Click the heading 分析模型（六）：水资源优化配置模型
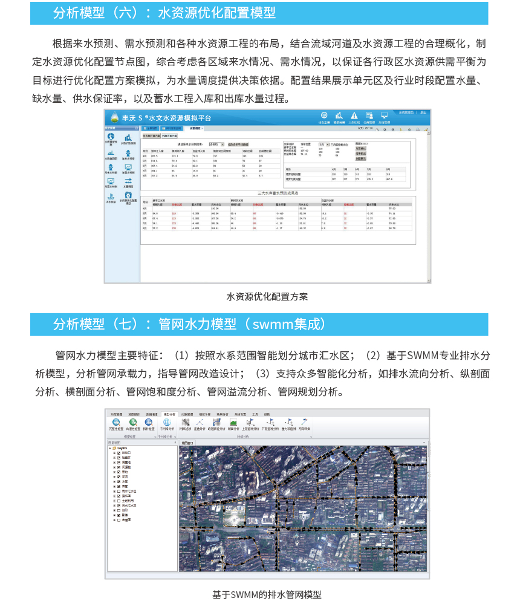(x=164, y=13)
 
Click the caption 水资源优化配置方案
(x=267, y=297)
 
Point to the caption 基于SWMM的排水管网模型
(x=267, y=594)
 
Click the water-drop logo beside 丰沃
(x=113, y=118)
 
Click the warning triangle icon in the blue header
(x=354, y=115)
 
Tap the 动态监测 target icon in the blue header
(x=324, y=115)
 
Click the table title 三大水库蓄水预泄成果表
(x=277, y=192)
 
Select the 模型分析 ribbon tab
(x=168, y=414)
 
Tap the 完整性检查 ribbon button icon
(x=115, y=423)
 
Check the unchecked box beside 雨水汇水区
(x=119, y=492)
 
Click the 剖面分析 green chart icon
(x=233, y=423)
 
